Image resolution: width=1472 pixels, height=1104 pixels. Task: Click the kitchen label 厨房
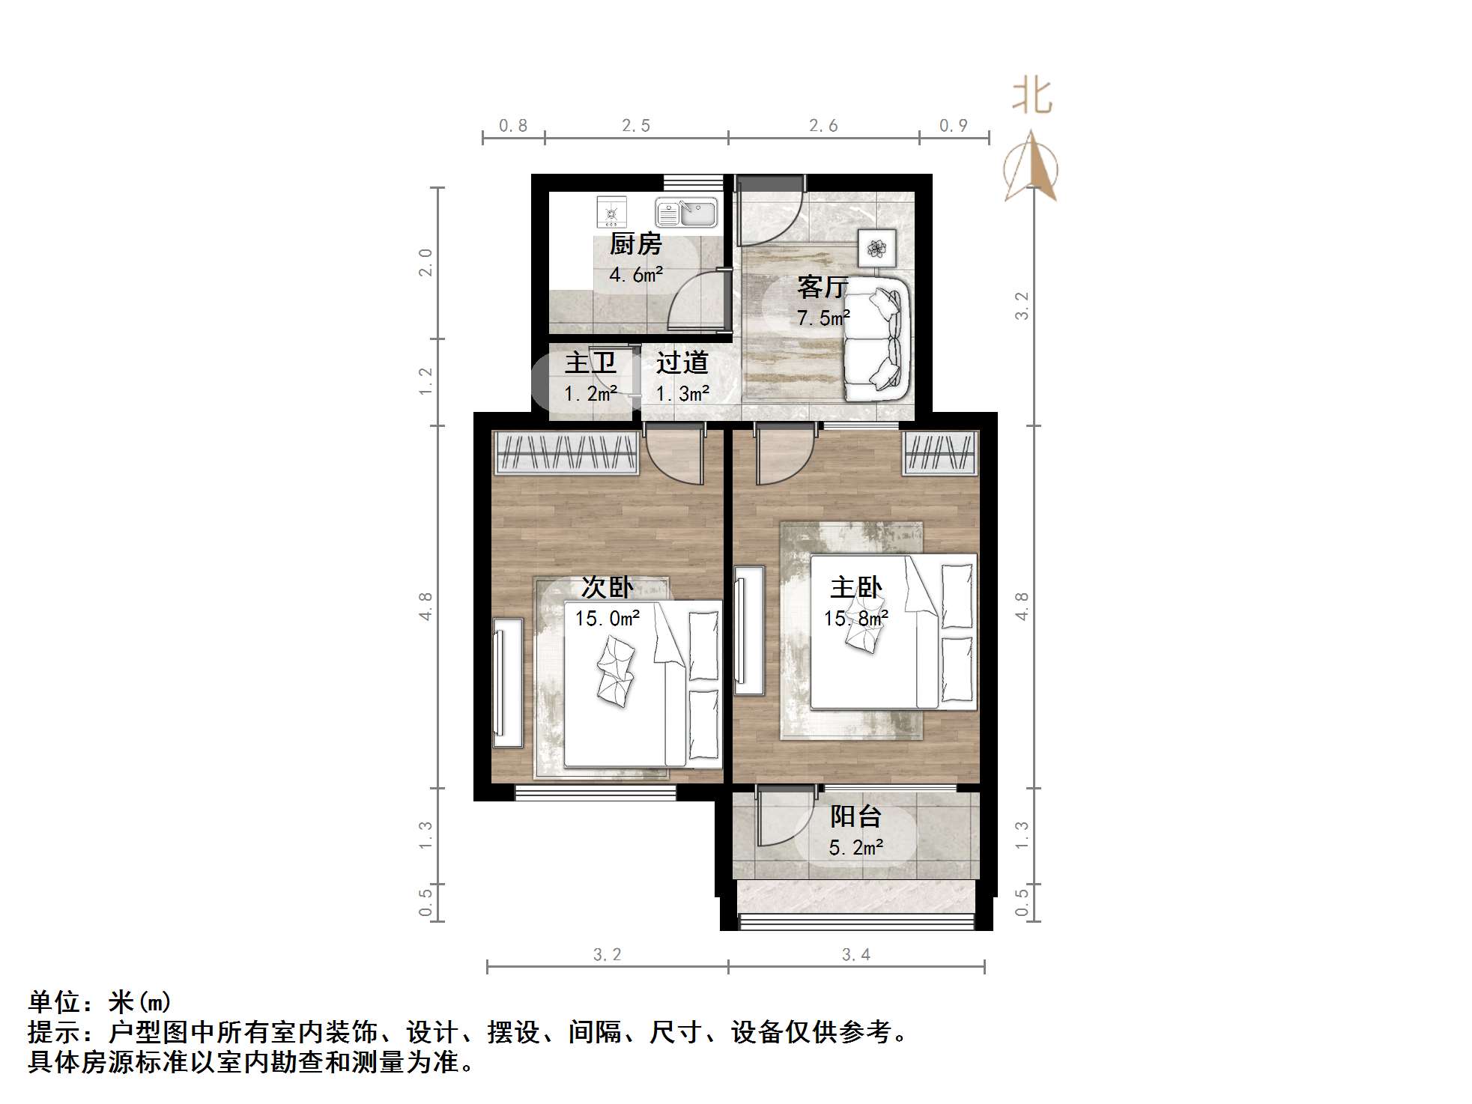(x=635, y=244)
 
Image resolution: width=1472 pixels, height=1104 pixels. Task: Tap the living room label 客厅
(x=822, y=287)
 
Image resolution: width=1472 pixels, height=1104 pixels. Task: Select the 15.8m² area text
(x=855, y=619)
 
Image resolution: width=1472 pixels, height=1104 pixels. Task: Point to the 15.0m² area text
(x=607, y=619)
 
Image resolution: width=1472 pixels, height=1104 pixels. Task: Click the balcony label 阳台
(x=855, y=816)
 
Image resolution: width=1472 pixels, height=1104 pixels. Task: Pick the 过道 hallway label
(x=682, y=363)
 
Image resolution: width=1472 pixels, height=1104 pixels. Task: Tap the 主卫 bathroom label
(x=590, y=363)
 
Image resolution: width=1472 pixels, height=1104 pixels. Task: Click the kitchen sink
(x=686, y=213)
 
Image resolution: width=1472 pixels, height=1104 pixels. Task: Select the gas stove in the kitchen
(x=611, y=212)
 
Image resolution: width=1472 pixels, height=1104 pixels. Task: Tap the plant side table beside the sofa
(x=876, y=246)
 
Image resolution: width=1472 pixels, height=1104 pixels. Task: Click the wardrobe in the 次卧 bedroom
(x=566, y=452)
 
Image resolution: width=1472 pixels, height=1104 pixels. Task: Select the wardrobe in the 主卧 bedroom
(x=940, y=452)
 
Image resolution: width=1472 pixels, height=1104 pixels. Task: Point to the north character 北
(x=1032, y=97)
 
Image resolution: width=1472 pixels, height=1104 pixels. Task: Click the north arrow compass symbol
(x=1032, y=168)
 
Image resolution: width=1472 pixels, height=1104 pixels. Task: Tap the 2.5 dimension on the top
(x=636, y=126)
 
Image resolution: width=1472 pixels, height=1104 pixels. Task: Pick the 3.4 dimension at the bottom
(x=855, y=955)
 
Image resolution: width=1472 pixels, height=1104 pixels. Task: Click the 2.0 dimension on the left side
(x=425, y=263)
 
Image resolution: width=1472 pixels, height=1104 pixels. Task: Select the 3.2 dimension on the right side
(x=1022, y=306)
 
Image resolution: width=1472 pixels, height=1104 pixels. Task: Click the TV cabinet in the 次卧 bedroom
(x=508, y=682)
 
